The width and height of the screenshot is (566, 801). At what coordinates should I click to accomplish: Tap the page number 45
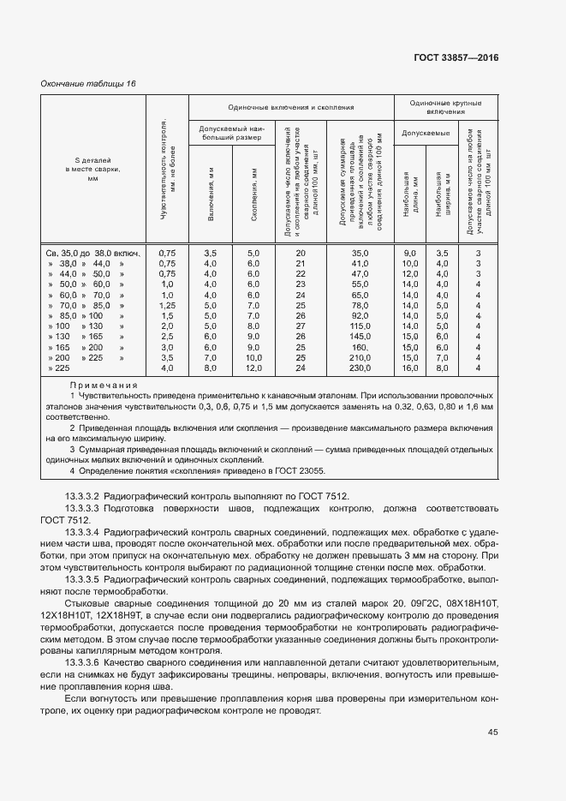(492, 732)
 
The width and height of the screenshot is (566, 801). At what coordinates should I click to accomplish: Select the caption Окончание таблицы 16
(89, 83)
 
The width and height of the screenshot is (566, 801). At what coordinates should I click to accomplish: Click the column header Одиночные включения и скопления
(290, 107)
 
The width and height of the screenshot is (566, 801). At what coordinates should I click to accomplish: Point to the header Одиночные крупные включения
(445, 107)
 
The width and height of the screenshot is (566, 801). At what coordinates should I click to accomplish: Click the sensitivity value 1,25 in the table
(167, 305)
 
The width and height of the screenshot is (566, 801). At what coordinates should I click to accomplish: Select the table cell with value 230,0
(359, 368)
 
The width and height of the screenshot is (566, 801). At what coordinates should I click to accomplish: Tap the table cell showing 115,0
(359, 326)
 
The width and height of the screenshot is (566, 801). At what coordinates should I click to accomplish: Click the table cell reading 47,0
(359, 273)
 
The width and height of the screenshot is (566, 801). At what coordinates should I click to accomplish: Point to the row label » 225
(59, 368)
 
